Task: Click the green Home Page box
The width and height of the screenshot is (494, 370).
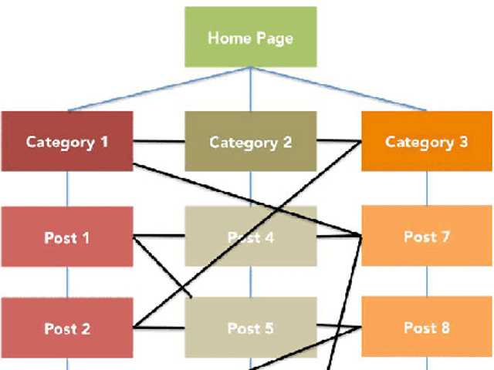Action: click(x=251, y=37)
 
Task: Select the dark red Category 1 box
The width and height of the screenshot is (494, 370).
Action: click(x=67, y=142)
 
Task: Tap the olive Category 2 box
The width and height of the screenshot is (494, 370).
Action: click(x=250, y=142)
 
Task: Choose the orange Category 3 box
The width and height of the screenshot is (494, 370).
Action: click(x=427, y=142)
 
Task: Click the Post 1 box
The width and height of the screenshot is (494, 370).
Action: click(x=67, y=237)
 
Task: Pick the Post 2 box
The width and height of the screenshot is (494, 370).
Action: click(x=67, y=328)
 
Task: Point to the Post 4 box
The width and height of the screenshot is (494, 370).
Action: click(x=250, y=237)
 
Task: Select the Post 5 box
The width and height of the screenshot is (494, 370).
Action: click(x=250, y=328)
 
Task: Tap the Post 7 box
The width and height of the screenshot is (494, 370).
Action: click(x=427, y=237)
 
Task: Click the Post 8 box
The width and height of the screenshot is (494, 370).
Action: click(x=427, y=328)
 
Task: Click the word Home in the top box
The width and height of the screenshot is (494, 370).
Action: click(x=225, y=37)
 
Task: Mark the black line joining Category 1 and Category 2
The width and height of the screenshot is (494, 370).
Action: click(x=159, y=142)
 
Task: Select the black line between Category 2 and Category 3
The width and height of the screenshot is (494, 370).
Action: click(x=339, y=141)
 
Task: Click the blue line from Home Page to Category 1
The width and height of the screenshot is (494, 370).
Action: click(x=154, y=89)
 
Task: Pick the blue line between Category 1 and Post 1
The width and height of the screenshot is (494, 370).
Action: click(x=67, y=189)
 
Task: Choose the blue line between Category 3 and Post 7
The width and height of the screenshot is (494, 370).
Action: click(x=428, y=190)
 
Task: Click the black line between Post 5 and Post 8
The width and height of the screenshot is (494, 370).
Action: click(x=339, y=328)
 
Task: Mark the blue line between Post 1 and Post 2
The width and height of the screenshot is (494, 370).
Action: click(x=67, y=282)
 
